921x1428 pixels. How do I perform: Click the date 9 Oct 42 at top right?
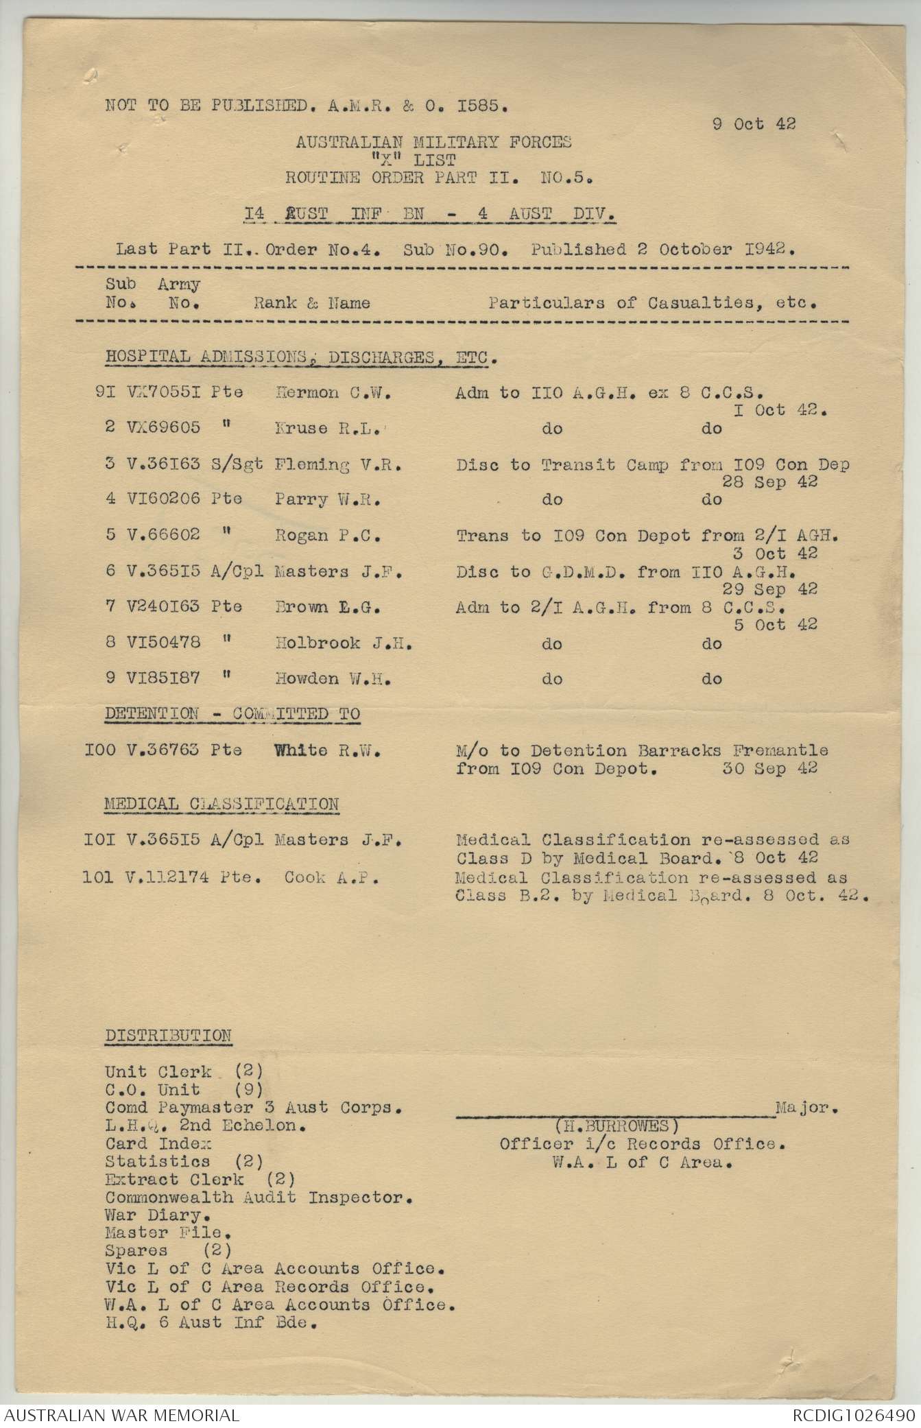coord(754,124)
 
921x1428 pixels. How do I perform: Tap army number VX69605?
coord(164,428)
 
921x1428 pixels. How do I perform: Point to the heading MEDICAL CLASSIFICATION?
coord(222,804)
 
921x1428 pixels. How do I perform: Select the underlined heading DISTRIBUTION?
coord(168,1036)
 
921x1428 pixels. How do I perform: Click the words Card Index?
coord(158,1143)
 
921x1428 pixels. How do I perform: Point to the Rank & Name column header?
coord(312,302)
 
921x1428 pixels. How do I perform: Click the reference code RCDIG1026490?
coord(853,1414)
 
